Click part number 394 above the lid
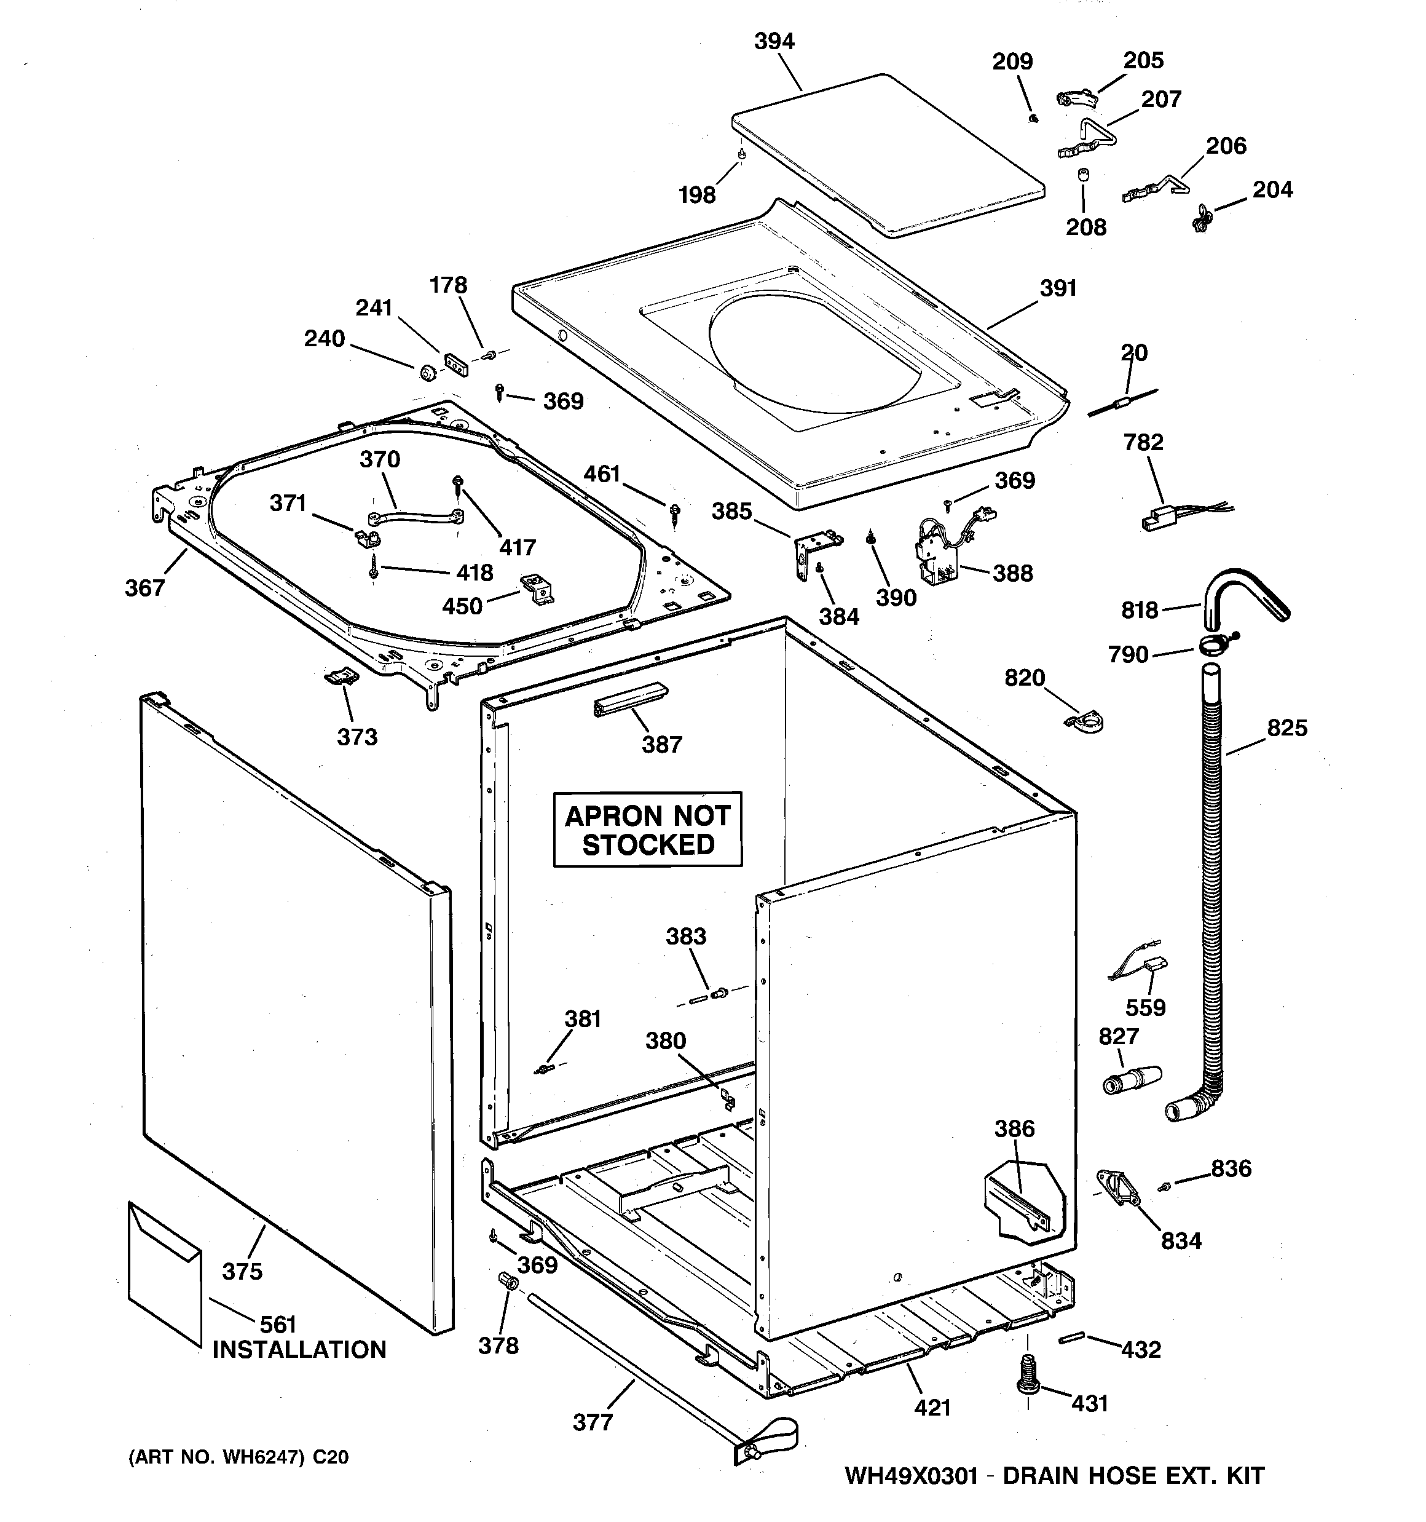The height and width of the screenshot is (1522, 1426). pos(774,41)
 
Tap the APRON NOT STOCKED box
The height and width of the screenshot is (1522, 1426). pos(648,829)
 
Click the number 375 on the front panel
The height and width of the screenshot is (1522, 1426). pos(242,1271)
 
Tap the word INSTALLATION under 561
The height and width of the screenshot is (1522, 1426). pos(299,1349)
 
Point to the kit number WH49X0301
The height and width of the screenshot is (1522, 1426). pos(911,1476)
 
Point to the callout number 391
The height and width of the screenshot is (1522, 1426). pos(1058,288)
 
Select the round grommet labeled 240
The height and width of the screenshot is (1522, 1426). pos(427,373)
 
